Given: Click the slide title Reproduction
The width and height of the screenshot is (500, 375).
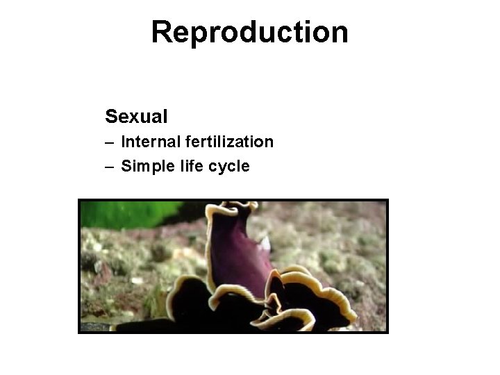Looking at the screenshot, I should tap(250, 32).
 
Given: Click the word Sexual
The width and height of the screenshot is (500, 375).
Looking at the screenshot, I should tap(136, 115).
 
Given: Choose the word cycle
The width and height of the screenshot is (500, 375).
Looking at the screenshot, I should tap(226, 166).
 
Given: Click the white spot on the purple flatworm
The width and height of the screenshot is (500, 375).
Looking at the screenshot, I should tap(265, 243).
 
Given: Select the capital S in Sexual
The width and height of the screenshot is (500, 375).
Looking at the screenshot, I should tap(111, 115).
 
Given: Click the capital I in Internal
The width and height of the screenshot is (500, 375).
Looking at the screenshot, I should tap(123, 142).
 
